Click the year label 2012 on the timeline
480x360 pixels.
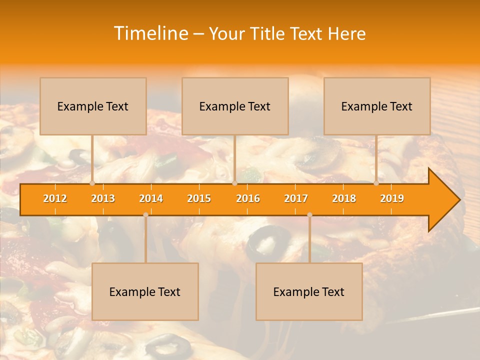pyautogui.click(x=55, y=198)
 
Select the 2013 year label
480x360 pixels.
pyautogui.click(x=103, y=198)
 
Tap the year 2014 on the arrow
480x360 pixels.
pyautogui.click(x=151, y=198)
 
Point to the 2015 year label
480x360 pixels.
pyautogui.click(x=199, y=198)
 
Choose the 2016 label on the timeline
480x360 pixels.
pyautogui.click(x=248, y=198)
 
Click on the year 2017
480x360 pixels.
pyautogui.click(x=296, y=198)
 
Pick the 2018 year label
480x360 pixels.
pyautogui.click(x=344, y=198)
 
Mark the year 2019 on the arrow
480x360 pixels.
pyautogui.click(x=392, y=198)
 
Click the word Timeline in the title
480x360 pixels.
pyautogui.click(x=150, y=33)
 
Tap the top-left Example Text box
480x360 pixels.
pyautogui.click(x=93, y=106)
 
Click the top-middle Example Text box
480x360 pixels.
pyautogui.click(x=235, y=106)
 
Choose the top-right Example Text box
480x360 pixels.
pyautogui.click(x=377, y=106)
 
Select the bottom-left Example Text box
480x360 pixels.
pyautogui.click(x=145, y=291)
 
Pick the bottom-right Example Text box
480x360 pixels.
pyautogui.click(x=309, y=291)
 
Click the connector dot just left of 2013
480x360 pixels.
pyautogui.click(x=92, y=183)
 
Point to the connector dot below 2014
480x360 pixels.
pyautogui.click(x=145, y=215)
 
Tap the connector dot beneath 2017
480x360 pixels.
pyautogui.click(x=309, y=215)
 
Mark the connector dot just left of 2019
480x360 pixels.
pyautogui.click(x=376, y=183)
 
